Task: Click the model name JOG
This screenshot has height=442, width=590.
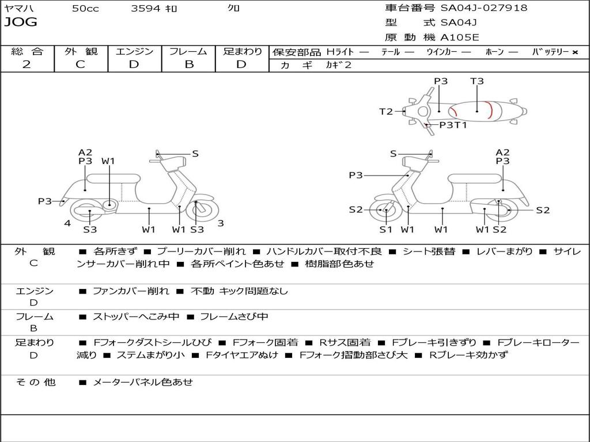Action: point(20,22)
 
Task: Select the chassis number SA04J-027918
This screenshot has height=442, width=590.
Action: point(483,8)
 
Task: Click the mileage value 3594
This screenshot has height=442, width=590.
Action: point(146,9)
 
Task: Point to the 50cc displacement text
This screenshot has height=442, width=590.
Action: point(85,9)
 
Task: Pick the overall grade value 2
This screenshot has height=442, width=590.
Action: point(27,64)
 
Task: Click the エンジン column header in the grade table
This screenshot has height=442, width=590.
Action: point(134,51)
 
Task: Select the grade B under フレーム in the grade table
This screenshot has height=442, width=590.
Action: point(188,64)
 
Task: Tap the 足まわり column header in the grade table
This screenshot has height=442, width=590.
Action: point(243,51)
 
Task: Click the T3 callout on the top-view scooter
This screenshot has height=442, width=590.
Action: point(476,81)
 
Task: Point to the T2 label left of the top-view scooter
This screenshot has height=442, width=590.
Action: point(386,112)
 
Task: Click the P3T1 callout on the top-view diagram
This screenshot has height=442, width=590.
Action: point(453,125)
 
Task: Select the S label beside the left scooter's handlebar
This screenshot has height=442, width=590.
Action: point(195,154)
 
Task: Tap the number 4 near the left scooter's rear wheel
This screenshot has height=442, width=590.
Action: point(67,223)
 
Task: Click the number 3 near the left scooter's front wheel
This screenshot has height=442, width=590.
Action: point(221,223)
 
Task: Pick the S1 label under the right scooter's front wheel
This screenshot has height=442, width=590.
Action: point(385,230)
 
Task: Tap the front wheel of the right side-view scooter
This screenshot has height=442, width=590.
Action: point(385,211)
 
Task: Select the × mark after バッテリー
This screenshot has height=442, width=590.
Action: point(574,52)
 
